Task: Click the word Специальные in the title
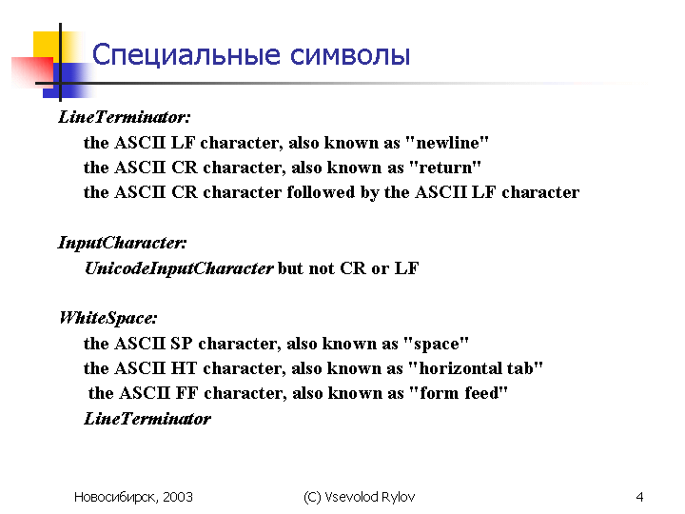(x=186, y=55)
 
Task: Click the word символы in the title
(x=350, y=56)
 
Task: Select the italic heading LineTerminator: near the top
(x=125, y=117)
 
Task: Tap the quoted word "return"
(x=445, y=168)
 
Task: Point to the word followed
(x=321, y=192)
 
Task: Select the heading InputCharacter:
(x=123, y=243)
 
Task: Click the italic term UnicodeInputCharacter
(x=179, y=268)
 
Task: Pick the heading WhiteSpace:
(x=108, y=318)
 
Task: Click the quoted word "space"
(x=436, y=344)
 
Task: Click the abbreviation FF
(x=187, y=393)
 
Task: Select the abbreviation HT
(x=184, y=368)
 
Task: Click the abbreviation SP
(x=182, y=344)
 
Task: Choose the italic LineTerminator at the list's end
(x=147, y=419)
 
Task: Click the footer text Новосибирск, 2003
(x=133, y=497)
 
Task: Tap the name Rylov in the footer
(x=398, y=498)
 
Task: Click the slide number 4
(x=639, y=497)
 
